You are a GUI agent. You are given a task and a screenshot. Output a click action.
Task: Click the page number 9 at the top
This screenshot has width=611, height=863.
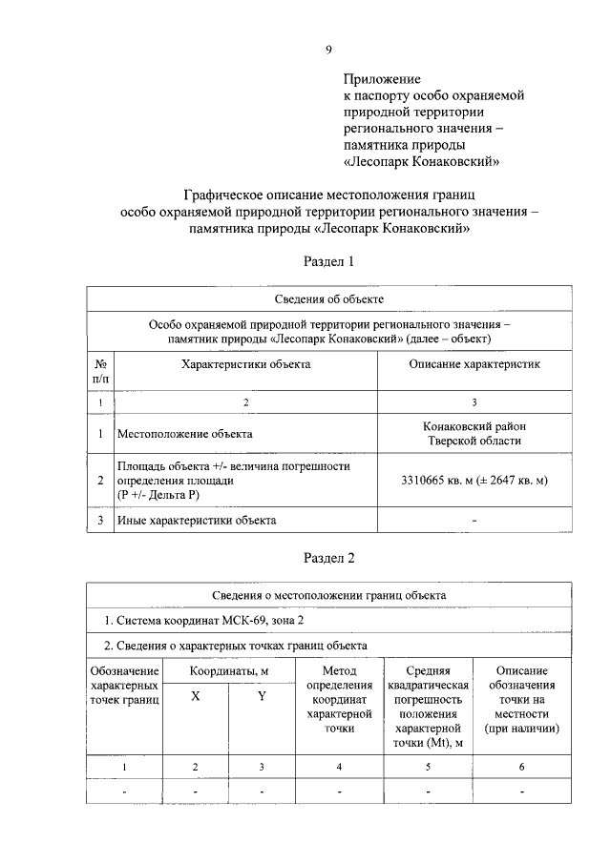point(327,50)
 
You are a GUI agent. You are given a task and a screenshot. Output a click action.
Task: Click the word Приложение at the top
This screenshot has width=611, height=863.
point(382,80)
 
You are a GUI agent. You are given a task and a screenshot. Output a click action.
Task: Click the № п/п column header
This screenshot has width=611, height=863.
point(100,371)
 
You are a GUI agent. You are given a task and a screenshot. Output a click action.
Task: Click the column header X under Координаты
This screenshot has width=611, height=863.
point(195,696)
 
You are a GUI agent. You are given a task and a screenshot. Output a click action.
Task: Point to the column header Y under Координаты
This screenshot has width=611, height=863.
point(262,696)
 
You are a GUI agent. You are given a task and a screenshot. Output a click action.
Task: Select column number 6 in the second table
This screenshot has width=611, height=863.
point(521,766)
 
